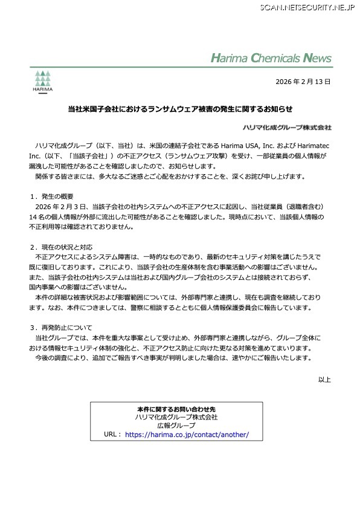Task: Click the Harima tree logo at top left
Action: coord(42,80)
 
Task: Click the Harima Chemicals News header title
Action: coord(271,59)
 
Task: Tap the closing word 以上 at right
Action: coord(325,380)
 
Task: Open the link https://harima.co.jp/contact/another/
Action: coord(187,435)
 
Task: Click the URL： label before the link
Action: coord(113,435)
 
